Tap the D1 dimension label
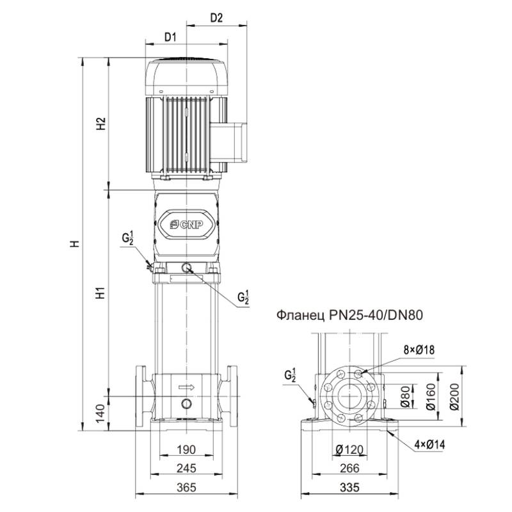coord(170,37)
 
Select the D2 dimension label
coord(216,18)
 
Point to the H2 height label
coord(100,124)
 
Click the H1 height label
coord(100,294)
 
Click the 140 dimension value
coord(100,412)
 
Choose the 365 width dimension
coord(186,488)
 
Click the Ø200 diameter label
coord(455,397)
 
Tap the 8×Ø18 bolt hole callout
coord(419,349)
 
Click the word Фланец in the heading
coord(299,315)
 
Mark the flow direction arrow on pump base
coord(186,387)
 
